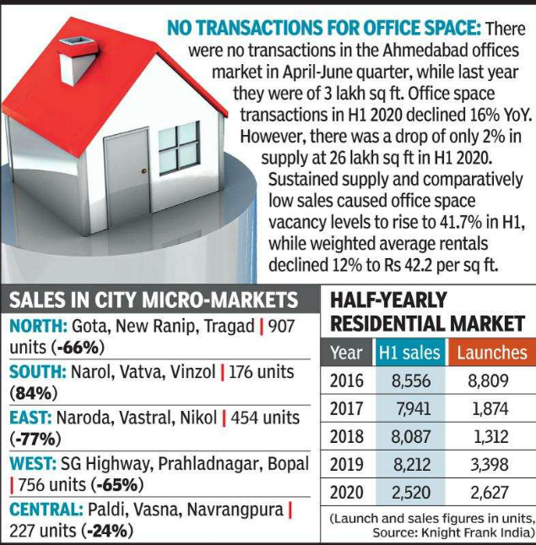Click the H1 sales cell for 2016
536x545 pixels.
tap(411, 380)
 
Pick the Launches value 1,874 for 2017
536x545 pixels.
tap(491, 409)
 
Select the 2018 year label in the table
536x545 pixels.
tap(346, 437)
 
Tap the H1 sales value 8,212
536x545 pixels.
tap(411, 465)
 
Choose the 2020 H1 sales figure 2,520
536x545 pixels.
tap(411, 493)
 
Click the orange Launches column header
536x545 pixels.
tap(492, 353)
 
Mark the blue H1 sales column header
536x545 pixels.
tap(411, 353)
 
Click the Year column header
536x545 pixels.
tap(346, 353)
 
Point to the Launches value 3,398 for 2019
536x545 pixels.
tap(491, 465)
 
